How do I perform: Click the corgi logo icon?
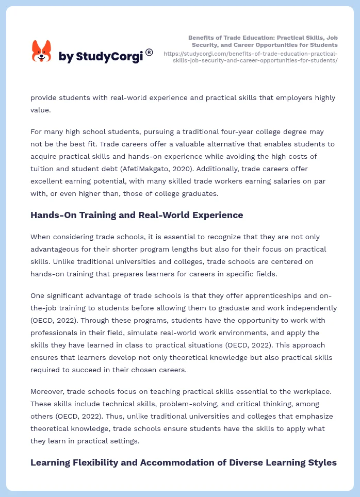(42, 51)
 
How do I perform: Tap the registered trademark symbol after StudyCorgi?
(149, 52)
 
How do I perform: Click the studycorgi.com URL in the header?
(251, 57)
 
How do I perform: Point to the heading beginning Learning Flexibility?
(183, 462)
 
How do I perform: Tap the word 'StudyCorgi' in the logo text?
(109, 57)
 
